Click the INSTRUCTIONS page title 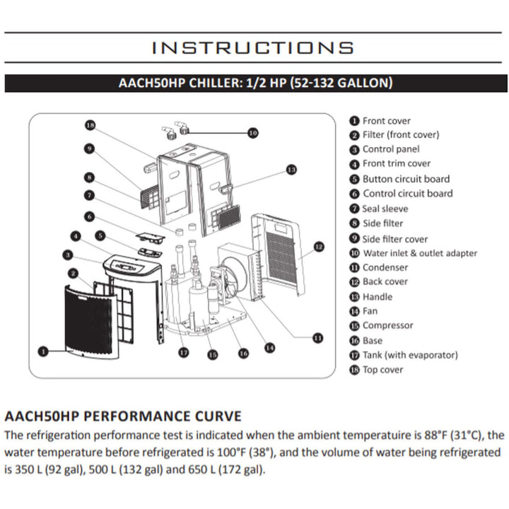coord(254,47)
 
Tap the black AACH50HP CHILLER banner coord(254,83)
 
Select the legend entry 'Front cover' coord(386,121)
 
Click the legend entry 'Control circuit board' coord(407,194)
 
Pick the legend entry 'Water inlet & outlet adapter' coord(419,253)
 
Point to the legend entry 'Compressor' coord(387,326)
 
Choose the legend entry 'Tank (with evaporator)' coord(410,355)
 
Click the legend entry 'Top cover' coord(382,370)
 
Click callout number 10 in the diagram coord(253,132)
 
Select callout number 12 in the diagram coord(318,247)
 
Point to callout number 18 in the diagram coord(90,125)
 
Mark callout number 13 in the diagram coord(291,170)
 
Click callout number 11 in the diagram coord(317,338)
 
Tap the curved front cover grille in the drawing coord(89,322)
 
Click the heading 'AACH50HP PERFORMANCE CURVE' coord(123,415)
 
